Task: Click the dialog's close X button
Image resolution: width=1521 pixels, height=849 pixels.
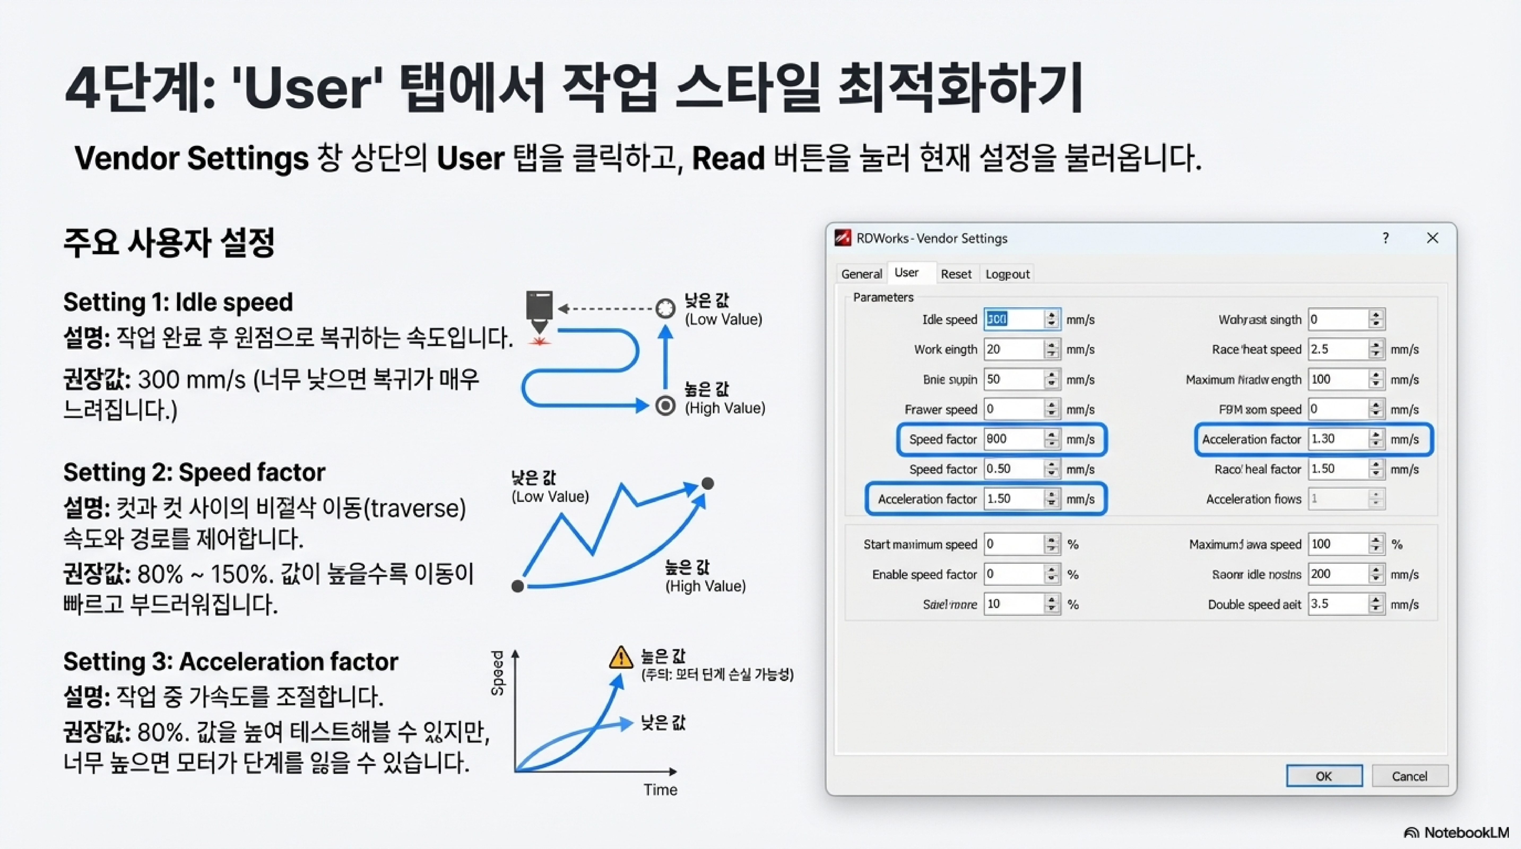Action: pos(1432,238)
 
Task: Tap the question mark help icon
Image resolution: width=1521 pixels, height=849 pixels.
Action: pos(1385,238)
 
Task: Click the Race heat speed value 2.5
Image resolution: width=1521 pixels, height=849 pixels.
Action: pos(1337,349)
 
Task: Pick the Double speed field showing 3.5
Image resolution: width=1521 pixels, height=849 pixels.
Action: pos(1337,604)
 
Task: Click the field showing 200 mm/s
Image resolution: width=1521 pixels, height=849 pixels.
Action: pos(1337,574)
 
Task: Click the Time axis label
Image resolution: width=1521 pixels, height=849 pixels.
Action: pos(660,790)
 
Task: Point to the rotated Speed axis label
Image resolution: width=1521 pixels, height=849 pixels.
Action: pos(498,673)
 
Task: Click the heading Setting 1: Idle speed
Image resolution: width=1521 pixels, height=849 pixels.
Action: pos(178,302)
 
